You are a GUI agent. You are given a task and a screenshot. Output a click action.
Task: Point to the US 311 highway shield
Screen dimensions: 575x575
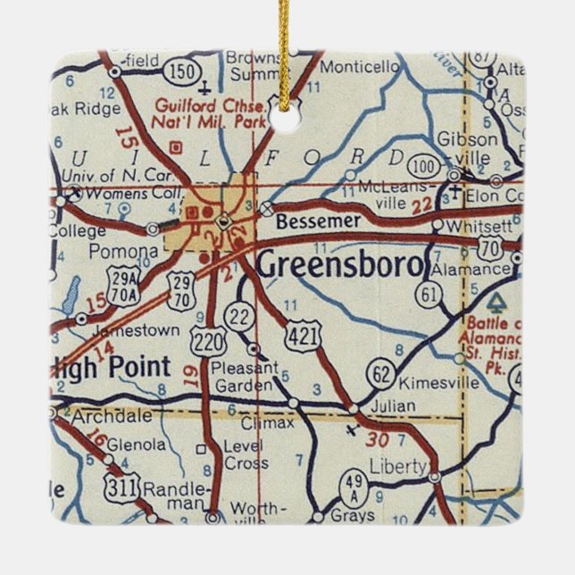(119, 487)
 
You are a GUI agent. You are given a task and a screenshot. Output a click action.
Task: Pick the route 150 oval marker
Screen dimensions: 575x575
(185, 70)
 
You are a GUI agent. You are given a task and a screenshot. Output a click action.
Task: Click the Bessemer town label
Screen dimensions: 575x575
(305, 221)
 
